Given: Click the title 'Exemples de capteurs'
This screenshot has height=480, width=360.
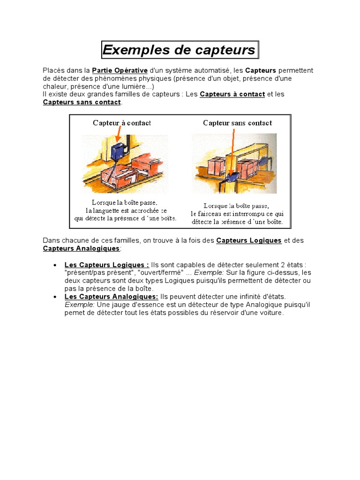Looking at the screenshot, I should point(180,50).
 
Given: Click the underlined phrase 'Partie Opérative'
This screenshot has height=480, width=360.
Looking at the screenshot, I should point(120,70).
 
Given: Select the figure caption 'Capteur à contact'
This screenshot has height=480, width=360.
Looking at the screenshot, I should point(122,123).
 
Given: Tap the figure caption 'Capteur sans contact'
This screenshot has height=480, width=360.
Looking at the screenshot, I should point(237,123).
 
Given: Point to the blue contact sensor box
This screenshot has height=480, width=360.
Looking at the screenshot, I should point(120,152).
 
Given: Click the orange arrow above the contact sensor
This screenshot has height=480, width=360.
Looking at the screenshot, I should point(118,136).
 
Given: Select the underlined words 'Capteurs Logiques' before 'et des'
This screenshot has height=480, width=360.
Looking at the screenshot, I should point(249,240).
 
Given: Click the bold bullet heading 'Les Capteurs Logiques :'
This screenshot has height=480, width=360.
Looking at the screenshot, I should point(107,265).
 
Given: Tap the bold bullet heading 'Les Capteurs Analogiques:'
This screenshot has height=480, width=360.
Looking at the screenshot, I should point(111,297).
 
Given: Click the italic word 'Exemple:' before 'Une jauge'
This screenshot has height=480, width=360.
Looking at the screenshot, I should point(80,305).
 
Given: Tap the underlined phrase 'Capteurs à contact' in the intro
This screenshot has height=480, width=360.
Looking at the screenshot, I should point(232,94).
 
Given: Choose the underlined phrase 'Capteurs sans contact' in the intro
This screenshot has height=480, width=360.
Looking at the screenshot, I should point(82,102).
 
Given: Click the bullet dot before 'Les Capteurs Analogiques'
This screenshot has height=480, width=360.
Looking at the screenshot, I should point(56,297).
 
